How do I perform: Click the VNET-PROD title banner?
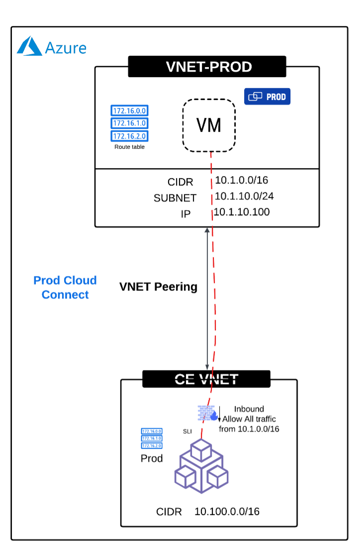[207, 67]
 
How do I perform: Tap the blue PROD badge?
[267, 96]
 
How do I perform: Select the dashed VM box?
[209, 125]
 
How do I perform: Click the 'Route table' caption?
[130, 147]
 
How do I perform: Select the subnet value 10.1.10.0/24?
[244, 196]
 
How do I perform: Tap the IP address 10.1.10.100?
[242, 212]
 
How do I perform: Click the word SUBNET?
[175, 198]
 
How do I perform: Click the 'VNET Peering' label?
[158, 287]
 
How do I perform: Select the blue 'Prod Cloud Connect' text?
[65, 287]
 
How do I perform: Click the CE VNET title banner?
[206, 379]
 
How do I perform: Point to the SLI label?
[187, 431]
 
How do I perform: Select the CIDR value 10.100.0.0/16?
[227, 512]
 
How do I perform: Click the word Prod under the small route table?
[152, 459]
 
